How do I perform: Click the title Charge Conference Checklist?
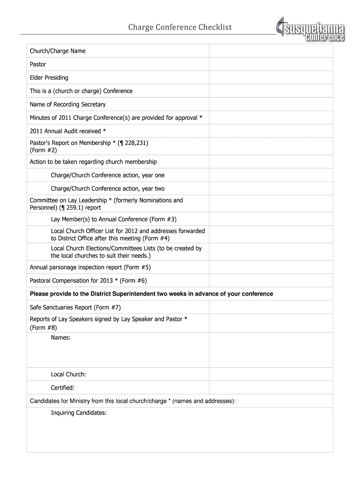180,28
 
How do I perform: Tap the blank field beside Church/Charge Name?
271,51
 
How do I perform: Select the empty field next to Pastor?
271,64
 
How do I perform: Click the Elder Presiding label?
49,78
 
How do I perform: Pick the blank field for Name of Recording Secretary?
271,104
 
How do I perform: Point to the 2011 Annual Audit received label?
68,131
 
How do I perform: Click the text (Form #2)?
43,151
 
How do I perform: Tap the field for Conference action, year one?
271,175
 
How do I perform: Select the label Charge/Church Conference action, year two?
108,189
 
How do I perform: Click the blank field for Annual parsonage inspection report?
271,267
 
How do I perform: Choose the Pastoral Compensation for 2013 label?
88,281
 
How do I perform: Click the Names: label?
61,337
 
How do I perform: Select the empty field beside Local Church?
271,374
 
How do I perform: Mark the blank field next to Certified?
271,387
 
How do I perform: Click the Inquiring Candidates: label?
79,413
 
